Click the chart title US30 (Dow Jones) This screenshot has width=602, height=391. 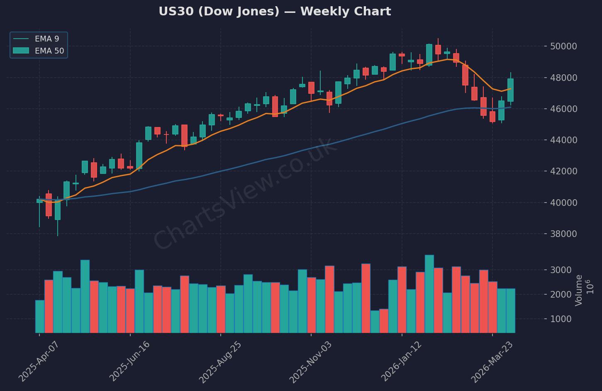[274, 12]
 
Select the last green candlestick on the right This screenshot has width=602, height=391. [510, 90]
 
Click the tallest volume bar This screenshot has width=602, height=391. [429, 294]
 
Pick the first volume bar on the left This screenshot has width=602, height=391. [40, 316]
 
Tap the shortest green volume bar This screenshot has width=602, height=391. [375, 322]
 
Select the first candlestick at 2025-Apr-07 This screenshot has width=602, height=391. [40, 201]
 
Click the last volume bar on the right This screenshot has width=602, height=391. [510, 310]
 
